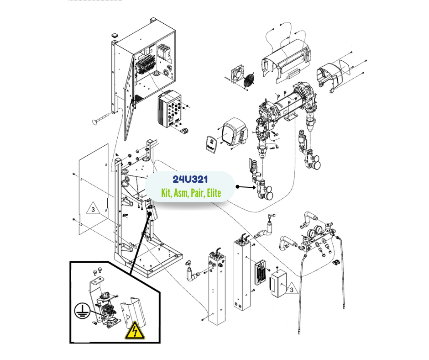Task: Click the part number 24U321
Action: pyautogui.click(x=190, y=180)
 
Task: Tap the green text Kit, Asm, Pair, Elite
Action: pyautogui.click(x=191, y=193)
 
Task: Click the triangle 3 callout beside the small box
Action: pyautogui.click(x=289, y=288)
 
